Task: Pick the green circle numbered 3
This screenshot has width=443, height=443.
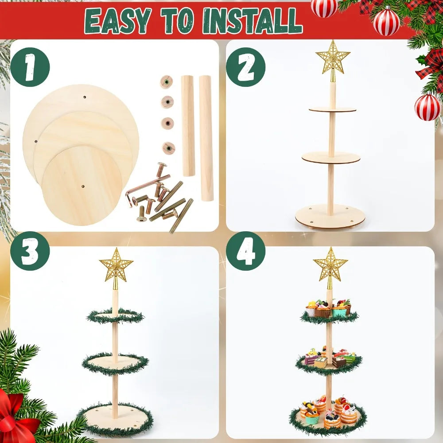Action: pyautogui.click(x=30, y=251)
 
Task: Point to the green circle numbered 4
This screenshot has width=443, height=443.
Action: pyautogui.click(x=245, y=251)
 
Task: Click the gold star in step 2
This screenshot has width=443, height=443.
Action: pyautogui.click(x=333, y=58)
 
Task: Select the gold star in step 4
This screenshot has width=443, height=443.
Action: pyautogui.click(x=330, y=265)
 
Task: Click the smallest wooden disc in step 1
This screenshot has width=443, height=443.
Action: pyautogui.click(x=82, y=184)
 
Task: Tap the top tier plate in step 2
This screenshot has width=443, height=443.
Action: pyautogui.click(x=333, y=109)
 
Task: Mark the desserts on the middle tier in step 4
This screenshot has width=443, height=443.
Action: pyautogui.click(x=329, y=359)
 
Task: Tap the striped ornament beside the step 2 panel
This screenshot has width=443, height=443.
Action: pyautogui.click(x=427, y=107)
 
